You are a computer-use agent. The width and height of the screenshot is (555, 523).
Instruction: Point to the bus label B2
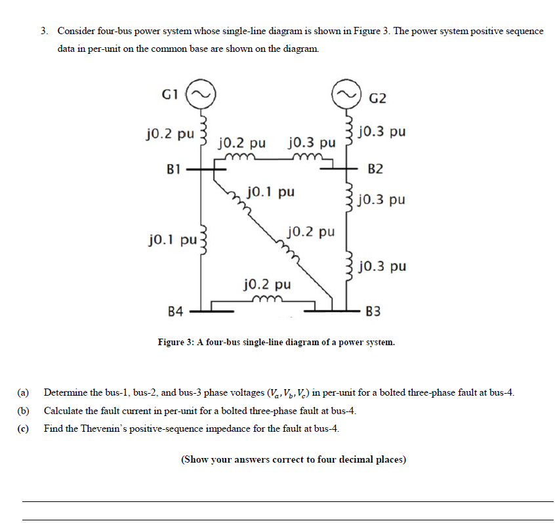point(376,169)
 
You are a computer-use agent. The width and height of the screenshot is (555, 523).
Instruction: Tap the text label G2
point(378,98)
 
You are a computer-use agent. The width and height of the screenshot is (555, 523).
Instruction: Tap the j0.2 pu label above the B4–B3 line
point(266,285)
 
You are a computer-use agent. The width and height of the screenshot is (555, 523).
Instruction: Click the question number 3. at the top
point(44,31)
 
